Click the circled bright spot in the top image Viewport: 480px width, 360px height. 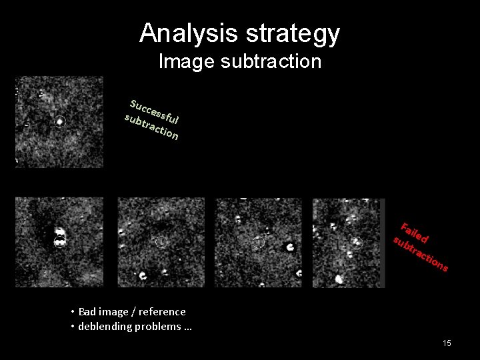60,122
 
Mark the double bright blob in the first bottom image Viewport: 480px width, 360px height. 59,237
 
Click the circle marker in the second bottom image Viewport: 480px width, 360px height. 161,242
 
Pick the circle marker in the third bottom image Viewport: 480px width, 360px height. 258,243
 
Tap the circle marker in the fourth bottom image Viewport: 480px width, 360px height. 357,242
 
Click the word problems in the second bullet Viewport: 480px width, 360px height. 161,327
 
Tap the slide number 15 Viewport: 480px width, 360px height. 447,343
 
